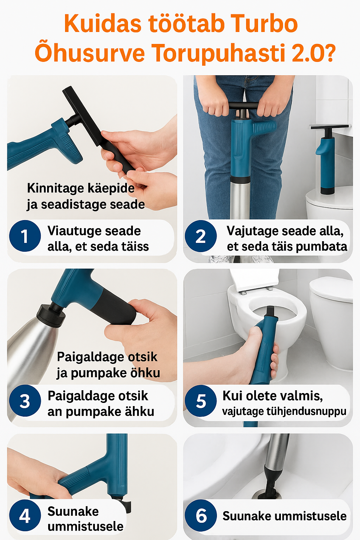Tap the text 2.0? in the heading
pyautogui.click(x=314, y=53)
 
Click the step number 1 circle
pyautogui.click(x=25, y=236)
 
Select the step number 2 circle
pyautogui.click(x=201, y=236)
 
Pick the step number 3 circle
pyautogui.click(x=25, y=401)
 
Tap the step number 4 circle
pyautogui.click(x=25, y=515)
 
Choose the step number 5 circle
pyautogui.click(x=201, y=401)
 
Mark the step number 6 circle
pyautogui.click(x=201, y=515)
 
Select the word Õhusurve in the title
pyautogui.click(x=90, y=53)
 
